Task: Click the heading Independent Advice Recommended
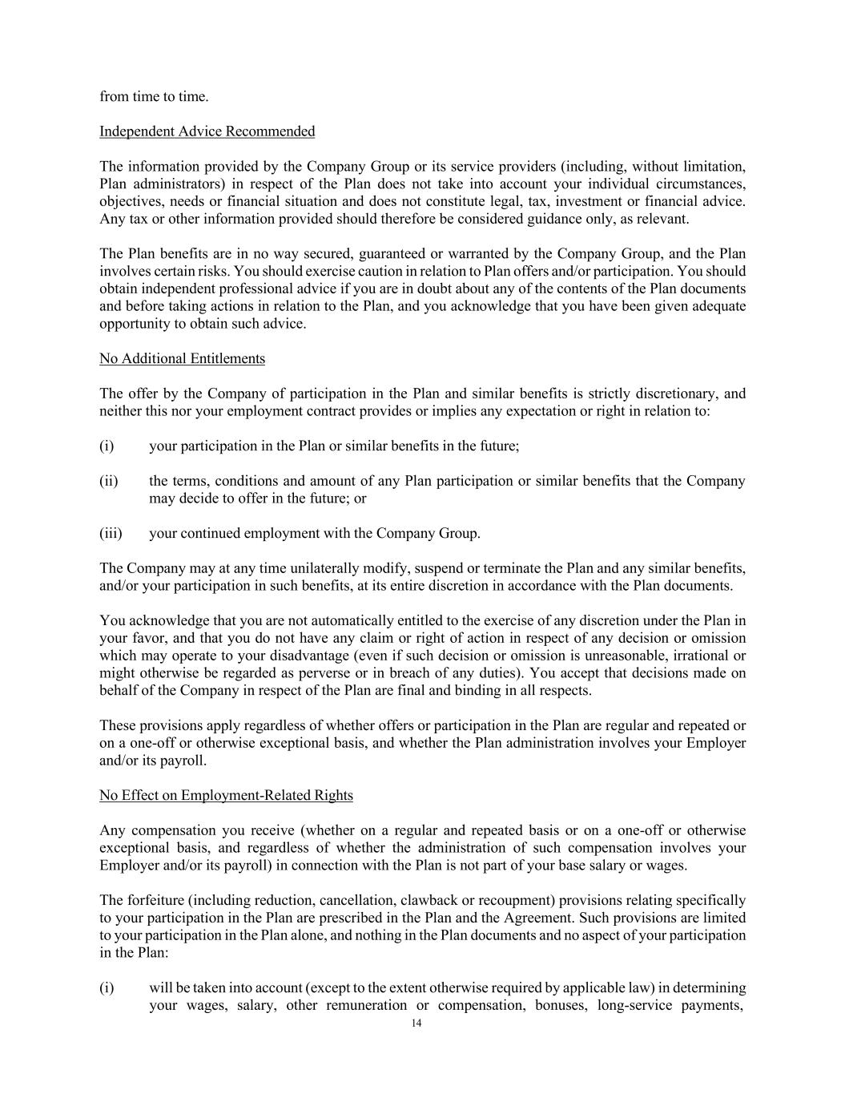point(207,131)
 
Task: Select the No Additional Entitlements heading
point(182,359)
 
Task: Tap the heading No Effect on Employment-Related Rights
point(226,796)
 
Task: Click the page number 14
point(416,1023)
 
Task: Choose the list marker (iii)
point(111,534)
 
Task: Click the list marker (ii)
point(109,482)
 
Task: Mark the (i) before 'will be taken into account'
point(107,988)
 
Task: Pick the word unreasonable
point(624,656)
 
